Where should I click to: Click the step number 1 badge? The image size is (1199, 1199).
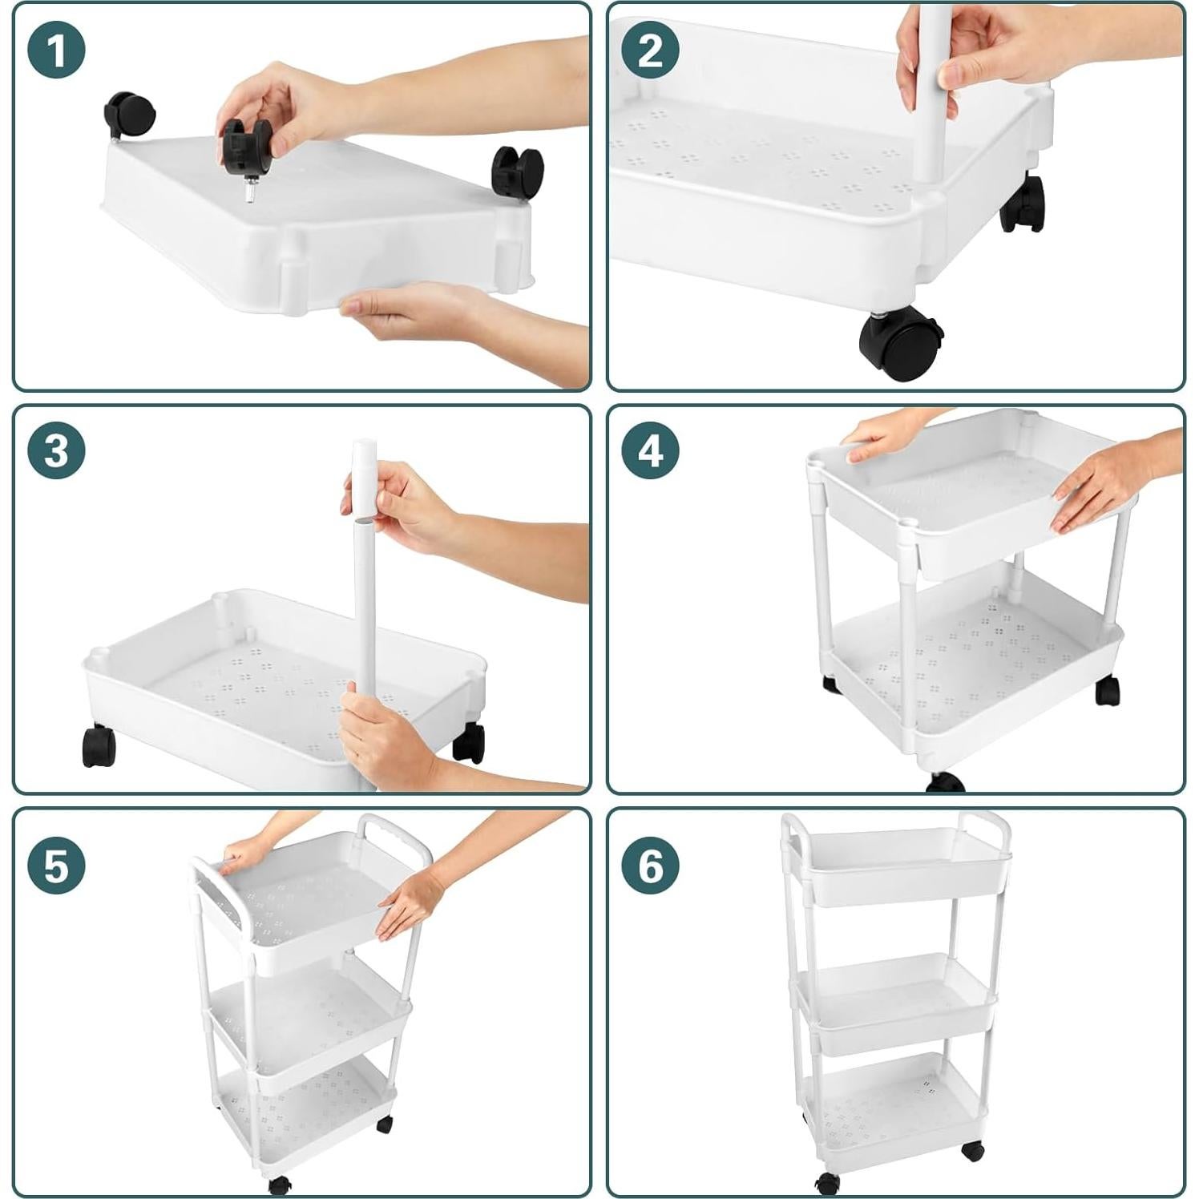[56, 50]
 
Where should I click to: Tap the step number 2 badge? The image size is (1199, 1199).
[650, 50]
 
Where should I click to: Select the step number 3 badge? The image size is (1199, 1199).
[56, 450]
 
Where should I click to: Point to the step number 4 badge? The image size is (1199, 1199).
[650, 450]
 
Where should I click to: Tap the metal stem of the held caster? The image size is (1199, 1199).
[250, 192]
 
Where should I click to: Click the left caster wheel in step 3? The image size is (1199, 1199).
[99, 746]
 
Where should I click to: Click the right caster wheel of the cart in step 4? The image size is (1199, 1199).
[1107, 690]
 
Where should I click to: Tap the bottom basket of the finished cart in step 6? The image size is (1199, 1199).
[894, 1110]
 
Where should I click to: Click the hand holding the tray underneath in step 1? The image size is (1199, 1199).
[401, 309]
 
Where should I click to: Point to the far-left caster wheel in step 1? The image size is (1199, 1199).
[128, 115]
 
